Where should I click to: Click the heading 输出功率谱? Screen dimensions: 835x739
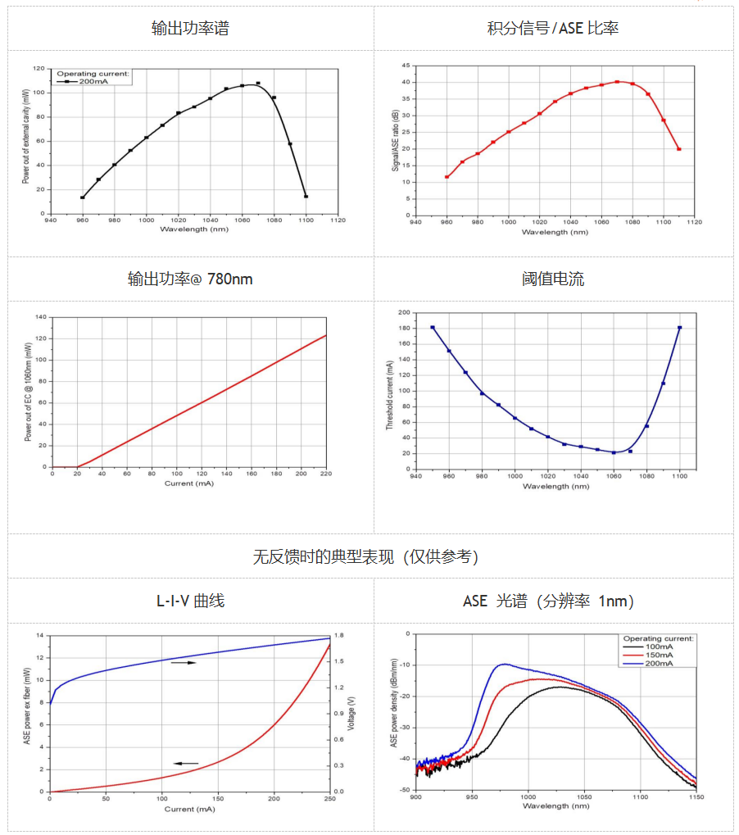click(x=190, y=29)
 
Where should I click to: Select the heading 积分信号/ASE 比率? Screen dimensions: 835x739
click(x=552, y=29)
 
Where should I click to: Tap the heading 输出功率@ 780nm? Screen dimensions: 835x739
click(x=190, y=279)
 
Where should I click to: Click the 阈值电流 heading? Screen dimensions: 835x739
click(x=553, y=279)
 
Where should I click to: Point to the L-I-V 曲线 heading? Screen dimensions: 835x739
click(x=190, y=601)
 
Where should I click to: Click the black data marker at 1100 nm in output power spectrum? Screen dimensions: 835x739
click(x=306, y=196)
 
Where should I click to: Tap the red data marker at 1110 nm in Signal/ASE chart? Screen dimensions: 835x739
click(x=679, y=149)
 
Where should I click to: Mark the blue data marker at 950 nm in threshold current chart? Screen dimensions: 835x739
click(x=433, y=328)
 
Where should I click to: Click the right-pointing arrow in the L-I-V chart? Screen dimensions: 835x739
click(x=184, y=662)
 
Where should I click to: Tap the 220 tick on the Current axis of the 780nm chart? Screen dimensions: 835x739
click(x=326, y=474)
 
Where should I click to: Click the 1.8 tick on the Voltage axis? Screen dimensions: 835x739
click(x=340, y=635)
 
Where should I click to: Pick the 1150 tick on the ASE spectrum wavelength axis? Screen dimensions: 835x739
click(x=695, y=796)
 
